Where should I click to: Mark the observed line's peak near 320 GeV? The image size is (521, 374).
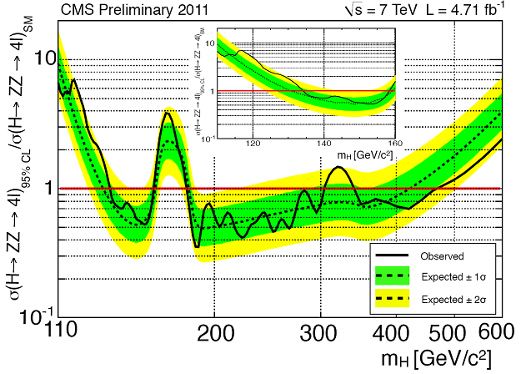click(338, 168)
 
